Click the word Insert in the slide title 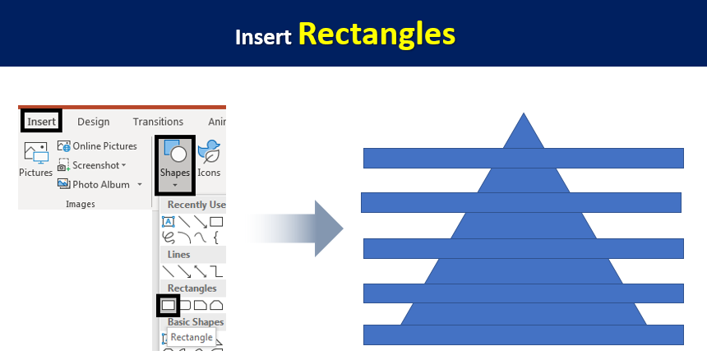[263, 37]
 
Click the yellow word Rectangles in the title [377, 35]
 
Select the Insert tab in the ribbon [41, 122]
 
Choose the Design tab [94, 122]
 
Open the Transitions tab [158, 122]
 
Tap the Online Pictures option [97, 146]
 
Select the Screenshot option [92, 165]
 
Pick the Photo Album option [99, 184]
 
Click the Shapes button [175, 165]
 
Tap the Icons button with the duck [209, 158]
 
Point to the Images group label [81, 204]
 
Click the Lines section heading [178, 255]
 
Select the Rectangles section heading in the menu [192, 288]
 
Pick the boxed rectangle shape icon [169, 306]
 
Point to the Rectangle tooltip [192, 338]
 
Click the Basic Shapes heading [196, 322]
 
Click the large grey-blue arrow [295, 228]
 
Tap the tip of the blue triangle [524, 113]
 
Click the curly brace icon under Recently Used [216, 237]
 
